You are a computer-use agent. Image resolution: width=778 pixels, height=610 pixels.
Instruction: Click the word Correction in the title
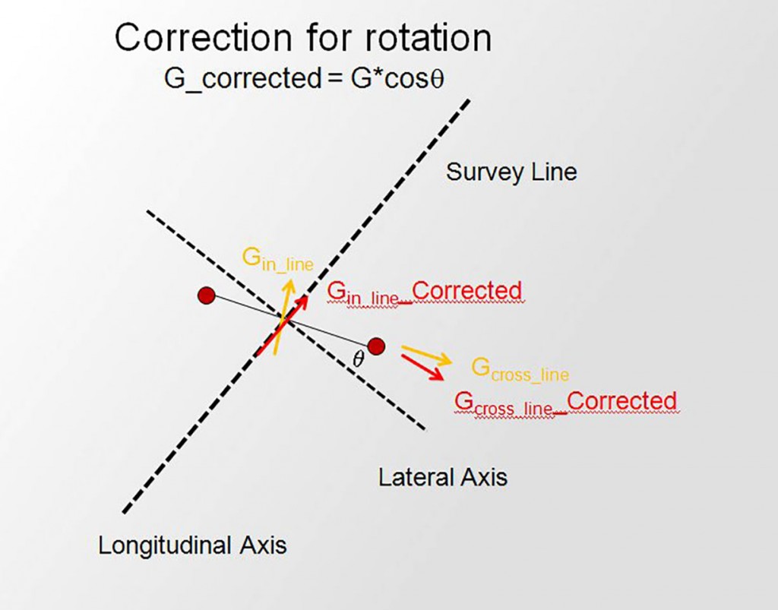click(201, 38)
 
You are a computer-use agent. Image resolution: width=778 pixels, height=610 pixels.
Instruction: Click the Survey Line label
click(511, 172)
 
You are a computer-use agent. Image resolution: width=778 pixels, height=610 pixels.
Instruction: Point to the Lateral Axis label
click(443, 477)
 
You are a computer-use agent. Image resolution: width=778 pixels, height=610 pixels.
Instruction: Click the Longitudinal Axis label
click(192, 545)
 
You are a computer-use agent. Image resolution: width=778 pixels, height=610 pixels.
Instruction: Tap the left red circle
click(206, 296)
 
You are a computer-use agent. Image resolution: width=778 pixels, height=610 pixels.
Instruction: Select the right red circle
click(376, 346)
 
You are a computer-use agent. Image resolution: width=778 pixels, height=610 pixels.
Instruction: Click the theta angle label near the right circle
click(359, 360)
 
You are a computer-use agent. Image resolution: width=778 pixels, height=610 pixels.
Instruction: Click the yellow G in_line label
click(277, 258)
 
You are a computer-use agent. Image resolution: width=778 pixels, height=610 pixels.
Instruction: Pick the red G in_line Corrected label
click(424, 292)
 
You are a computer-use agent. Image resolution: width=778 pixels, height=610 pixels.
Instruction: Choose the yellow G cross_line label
click(520, 369)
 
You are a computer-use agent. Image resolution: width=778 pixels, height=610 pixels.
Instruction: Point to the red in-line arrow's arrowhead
click(303, 301)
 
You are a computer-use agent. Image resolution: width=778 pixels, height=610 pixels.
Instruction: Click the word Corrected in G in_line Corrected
click(467, 291)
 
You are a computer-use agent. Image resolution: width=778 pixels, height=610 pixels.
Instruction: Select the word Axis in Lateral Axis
click(484, 477)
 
